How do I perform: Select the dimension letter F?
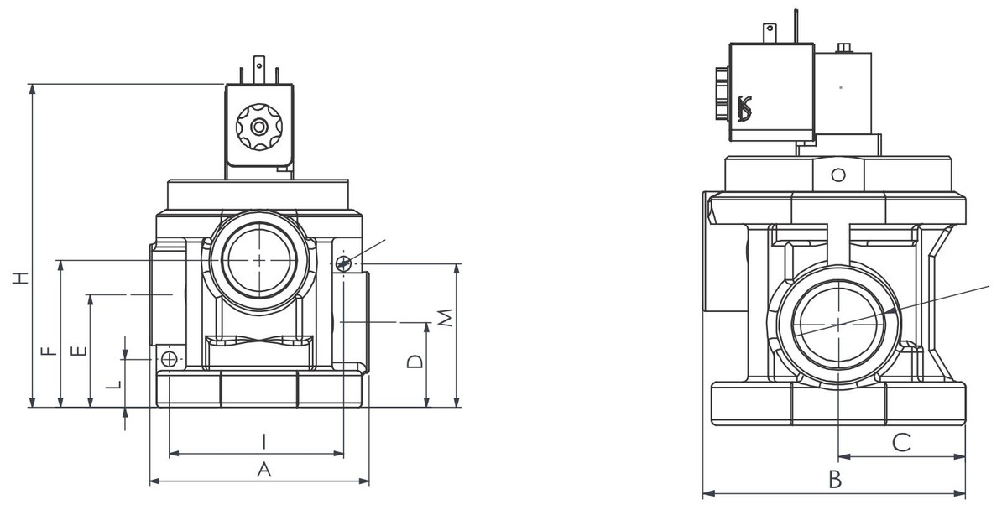pos(50,350)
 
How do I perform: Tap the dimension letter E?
pos(78,350)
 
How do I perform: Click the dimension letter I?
pos(263,440)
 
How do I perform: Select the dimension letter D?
pos(413,362)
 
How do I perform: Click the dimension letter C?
pos(901,442)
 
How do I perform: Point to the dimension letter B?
pos(834,480)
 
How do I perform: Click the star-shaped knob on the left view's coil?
pos(259,127)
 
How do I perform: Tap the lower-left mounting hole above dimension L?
pos(170,360)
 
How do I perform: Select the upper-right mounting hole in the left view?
pos(343,263)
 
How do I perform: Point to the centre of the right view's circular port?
pos(839,321)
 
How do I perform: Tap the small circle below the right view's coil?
pos(837,175)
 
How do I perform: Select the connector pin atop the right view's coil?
pos(769,34)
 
